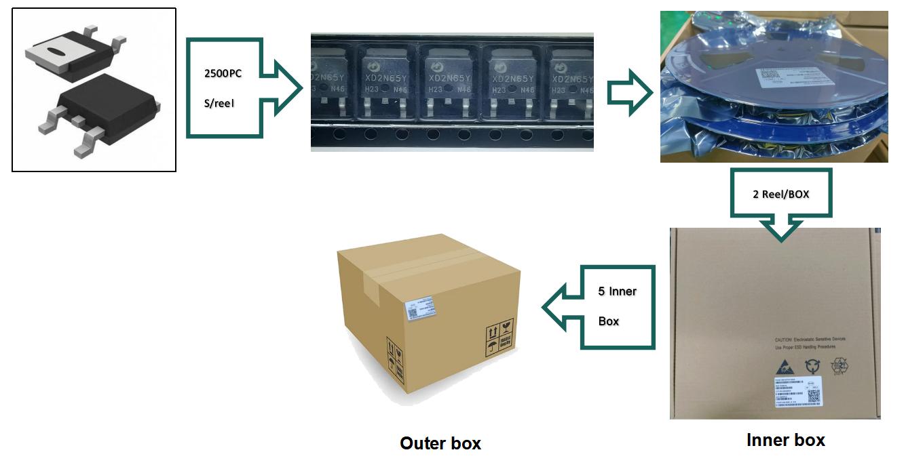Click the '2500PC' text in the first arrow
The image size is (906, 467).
coord(223,73)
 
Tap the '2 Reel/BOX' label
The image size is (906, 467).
coord(780,194)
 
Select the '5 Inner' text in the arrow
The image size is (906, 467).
coord(617,291)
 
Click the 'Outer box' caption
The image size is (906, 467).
coord(440,443)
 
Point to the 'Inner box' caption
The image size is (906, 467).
coord(785,440)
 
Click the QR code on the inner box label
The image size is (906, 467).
coord(814,397)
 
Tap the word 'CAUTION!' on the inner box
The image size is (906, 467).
coord(786,339)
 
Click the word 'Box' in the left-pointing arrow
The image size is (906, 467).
coord(609,321)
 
